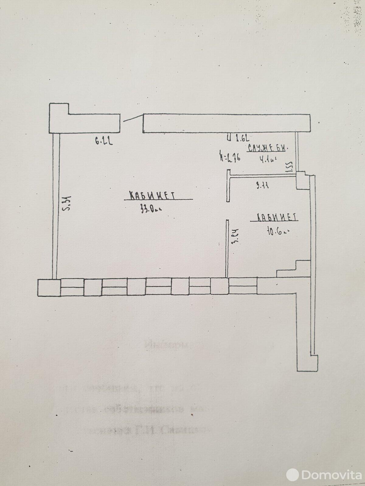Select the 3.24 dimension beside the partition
(x=235, y=236)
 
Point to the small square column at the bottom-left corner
(x=49, y=287)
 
